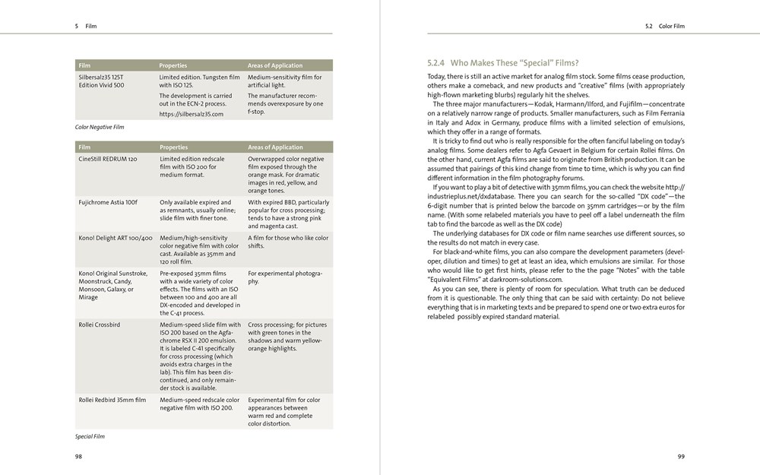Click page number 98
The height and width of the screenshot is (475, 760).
78,456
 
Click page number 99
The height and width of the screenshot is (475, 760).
681,456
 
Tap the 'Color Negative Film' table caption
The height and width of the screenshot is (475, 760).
99,127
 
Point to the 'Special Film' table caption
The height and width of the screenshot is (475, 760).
90,436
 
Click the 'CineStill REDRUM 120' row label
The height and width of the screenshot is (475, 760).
108,159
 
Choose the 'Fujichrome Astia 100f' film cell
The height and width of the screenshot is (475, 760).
108,203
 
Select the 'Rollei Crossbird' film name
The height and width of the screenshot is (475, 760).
100,325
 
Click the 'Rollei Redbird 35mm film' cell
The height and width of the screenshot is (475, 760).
112,400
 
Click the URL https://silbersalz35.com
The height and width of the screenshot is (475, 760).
191,114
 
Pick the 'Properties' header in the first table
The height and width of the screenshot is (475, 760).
173,65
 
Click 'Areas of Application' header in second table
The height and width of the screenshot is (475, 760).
274,147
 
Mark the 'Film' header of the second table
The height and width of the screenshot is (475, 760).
84,147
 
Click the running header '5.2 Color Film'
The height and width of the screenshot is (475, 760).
664,26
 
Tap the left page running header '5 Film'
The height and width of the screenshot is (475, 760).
85,26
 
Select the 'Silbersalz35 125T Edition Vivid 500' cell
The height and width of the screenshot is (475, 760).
101,81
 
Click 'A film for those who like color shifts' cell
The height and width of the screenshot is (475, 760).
288,242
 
